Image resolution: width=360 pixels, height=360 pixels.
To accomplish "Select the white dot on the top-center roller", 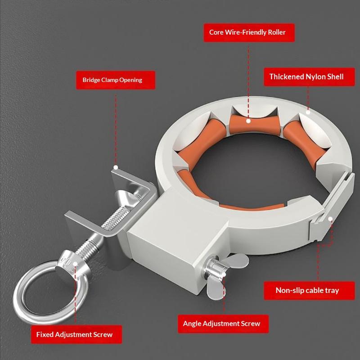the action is pyautogui.click(x=248, y=121).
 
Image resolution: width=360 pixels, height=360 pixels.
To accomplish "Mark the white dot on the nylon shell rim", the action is pyautogui.click(x=308, y=112).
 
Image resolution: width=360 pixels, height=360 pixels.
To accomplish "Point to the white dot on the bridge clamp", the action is pyautogui.click(x=116, y=167).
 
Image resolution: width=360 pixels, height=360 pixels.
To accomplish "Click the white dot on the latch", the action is pyautogui.click(x=330, y=219).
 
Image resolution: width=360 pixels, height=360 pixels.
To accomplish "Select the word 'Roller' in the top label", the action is pyautogui.click(x=277, y=32).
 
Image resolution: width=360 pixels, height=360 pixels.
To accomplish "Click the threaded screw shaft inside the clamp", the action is pyautogui.click(x=114, y=218).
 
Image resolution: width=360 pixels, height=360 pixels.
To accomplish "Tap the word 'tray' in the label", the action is pyautogui.click(x=332, y=291).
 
